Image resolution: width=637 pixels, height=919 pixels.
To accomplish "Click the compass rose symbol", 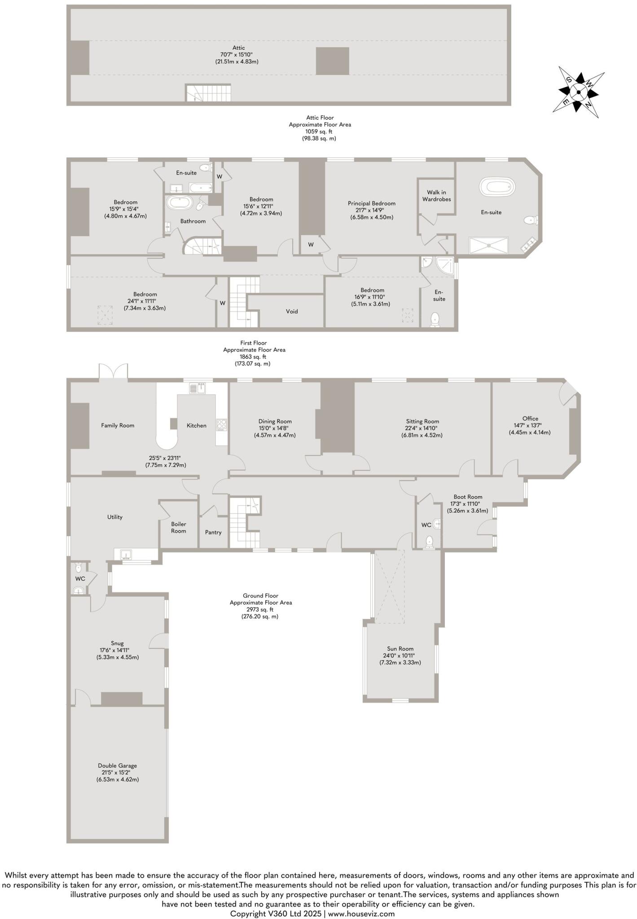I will pyautogui.click(x=579, y=92).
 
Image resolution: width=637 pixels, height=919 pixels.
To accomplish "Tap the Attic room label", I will pyautogui.click(x=238, y=48).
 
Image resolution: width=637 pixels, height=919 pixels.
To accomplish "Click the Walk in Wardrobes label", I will pyautogui.click(x=436, y=196).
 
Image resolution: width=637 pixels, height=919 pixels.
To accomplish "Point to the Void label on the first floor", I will pyautogui.click(x=292, y=311).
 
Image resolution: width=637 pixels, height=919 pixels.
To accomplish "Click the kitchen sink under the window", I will pyautogui.click(x=198, y=388).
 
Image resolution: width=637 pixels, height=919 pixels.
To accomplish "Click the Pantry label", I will pyautogui.click(x=213, y=532).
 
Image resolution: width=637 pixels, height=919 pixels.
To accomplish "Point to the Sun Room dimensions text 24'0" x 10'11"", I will pyautogui.click(x=400, y=656).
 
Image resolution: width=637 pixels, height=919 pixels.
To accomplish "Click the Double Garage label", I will pyautogui.click(x=117, y=766).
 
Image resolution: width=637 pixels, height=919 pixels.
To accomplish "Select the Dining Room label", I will pyautogui.click(x=275, y=421).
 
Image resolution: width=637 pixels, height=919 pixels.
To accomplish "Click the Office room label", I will pyautogui.click(x=530, y=419).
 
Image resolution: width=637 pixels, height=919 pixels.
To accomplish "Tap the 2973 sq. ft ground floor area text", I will pyautogui.click(x=260, y=609).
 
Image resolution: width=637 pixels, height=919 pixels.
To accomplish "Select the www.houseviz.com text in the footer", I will pyautogui.click(x=361, y=913).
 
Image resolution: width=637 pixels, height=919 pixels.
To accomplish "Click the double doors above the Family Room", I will pyautogui.click(x=114, y=372).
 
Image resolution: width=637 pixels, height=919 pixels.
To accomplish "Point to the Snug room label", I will pyautogui.click(x=117, y=643).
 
